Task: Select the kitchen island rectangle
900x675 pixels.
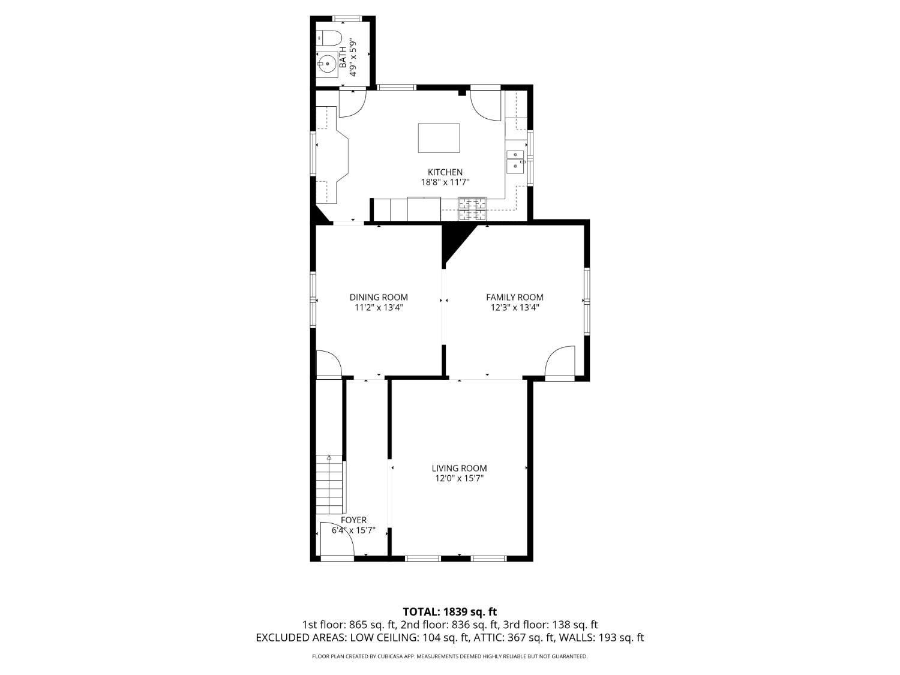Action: [439, 138]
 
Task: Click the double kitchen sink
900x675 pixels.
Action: [515, 161]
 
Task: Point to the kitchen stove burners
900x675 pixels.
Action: [472, 208]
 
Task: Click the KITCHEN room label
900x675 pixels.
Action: [445, 173]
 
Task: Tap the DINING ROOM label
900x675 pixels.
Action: [379, 298]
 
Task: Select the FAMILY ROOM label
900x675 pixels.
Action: [515, 298]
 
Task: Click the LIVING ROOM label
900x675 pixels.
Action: [459, 468]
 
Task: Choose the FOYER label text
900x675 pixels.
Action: [353, 520]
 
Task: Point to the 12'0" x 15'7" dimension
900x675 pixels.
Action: [459, 478]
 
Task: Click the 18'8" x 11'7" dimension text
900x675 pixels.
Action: [445, 182]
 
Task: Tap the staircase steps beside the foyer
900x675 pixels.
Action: [329, 484]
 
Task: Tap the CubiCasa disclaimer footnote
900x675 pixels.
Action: [450, 656]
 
